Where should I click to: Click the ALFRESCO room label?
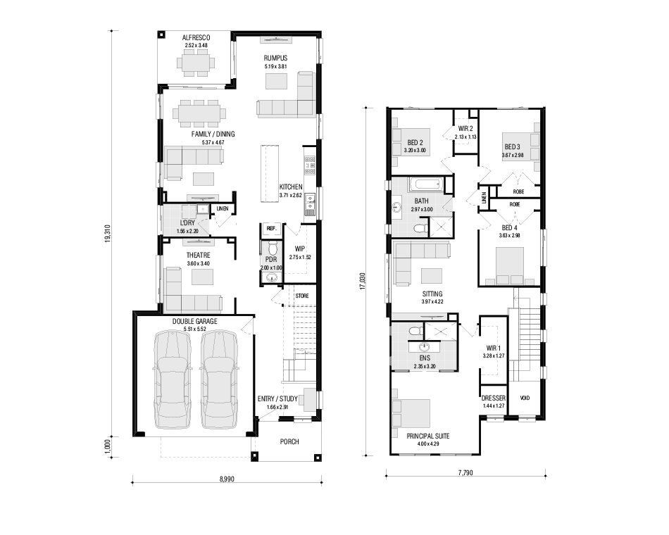point(196,37)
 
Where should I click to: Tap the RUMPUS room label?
point(275,58)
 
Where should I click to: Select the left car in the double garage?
point(172,379)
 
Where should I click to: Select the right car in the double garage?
point(219,379)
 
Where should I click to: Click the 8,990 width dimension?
point(227,479)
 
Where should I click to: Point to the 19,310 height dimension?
point(108,234)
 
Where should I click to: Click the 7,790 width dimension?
point(465,473)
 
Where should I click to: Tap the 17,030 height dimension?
point(363,282)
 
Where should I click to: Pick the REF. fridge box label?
point(271,229)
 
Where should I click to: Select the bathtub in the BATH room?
point(426,184)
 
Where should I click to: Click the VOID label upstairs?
point(525,398)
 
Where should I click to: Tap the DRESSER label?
point(493,398)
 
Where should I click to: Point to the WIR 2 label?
point(465,128)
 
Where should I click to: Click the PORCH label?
point(289,441)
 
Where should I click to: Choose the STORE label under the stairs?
point(302,296)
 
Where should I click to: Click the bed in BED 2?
point(411,142)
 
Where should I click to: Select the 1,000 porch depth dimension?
point(108,447)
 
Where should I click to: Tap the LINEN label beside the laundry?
point(223,208)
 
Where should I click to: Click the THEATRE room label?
point(198,255)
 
